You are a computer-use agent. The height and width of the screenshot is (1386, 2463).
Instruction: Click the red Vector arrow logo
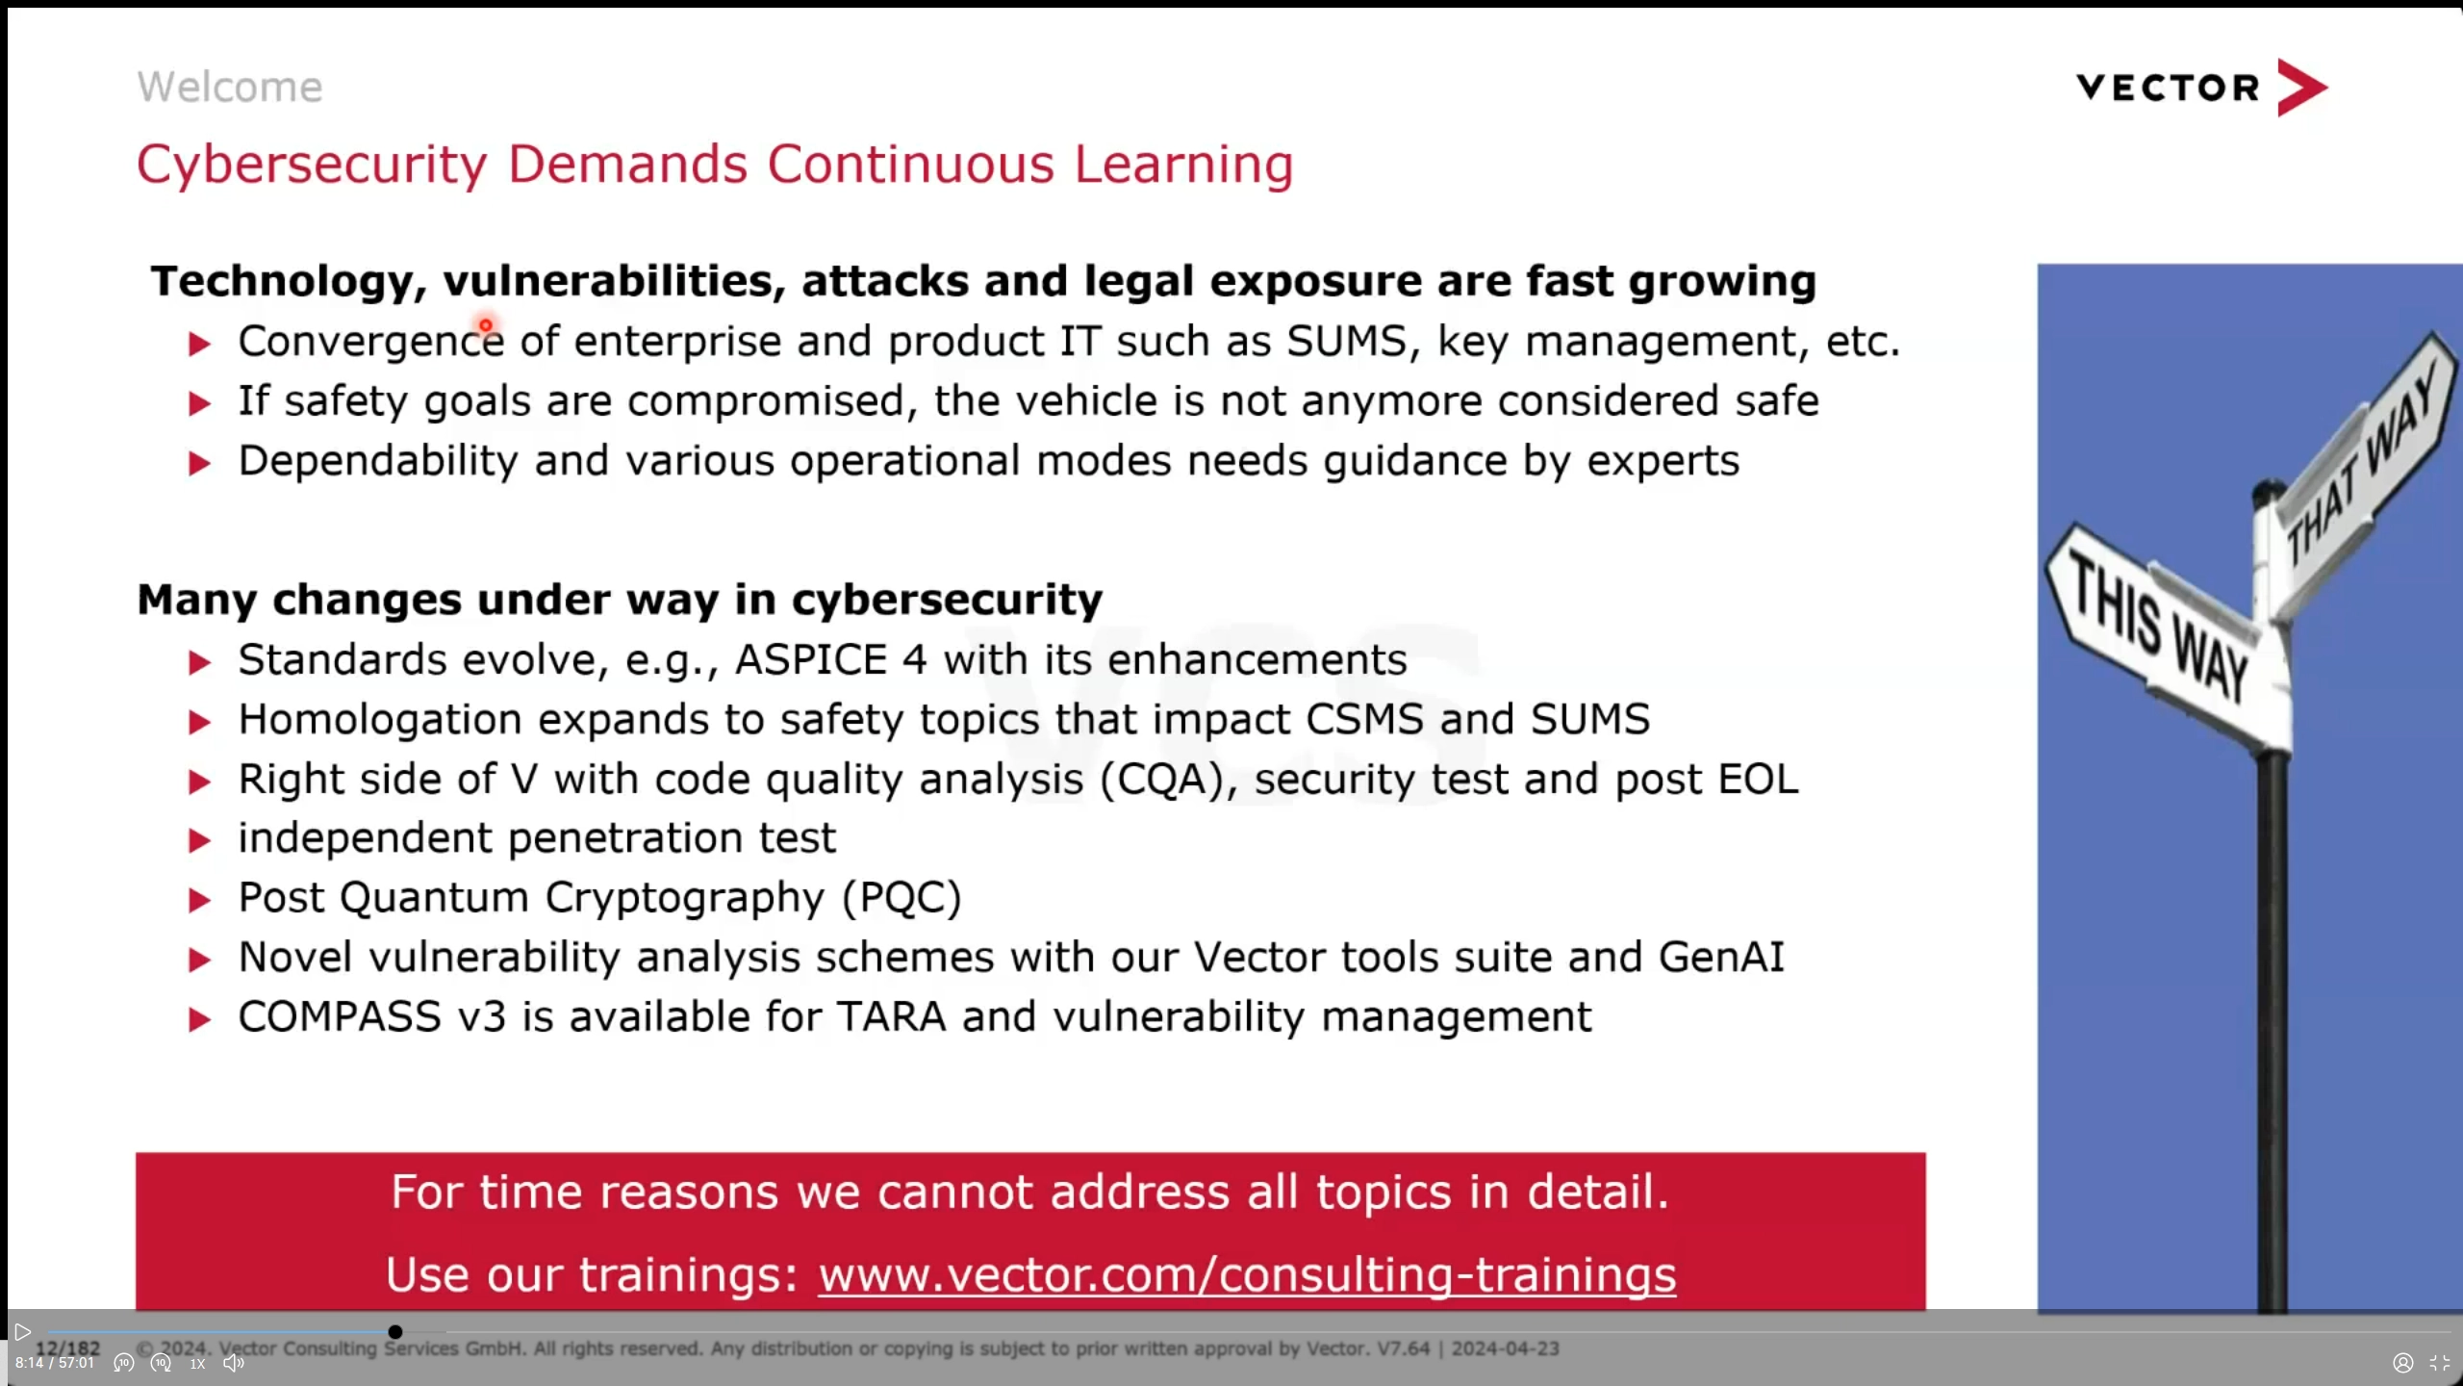[2301, 88]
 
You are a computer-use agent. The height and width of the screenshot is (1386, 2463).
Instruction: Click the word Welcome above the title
[229, 88]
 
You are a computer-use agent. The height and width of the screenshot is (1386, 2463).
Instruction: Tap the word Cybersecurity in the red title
[312, 165]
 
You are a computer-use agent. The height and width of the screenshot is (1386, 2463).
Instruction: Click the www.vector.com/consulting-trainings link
[1246, 1275]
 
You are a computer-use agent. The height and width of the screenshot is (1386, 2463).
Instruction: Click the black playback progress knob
[395, 1332]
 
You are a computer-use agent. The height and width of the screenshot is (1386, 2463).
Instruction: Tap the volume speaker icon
[234, 1363]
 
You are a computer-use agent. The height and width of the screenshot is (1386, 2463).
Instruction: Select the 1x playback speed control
[197, 1364]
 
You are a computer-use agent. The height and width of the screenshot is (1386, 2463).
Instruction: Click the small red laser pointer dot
[486, 325]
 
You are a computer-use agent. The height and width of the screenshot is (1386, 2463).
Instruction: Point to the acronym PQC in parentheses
[901, 898]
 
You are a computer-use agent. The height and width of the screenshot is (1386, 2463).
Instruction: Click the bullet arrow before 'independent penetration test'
[199, 841]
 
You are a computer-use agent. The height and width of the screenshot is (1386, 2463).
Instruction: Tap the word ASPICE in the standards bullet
[810, 660]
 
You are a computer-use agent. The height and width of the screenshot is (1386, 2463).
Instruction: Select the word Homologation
[380, 720]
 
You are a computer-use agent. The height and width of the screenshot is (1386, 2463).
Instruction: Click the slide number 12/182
[67, 1347]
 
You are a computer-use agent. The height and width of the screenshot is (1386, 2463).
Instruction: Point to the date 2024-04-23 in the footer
[1505, 1348]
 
